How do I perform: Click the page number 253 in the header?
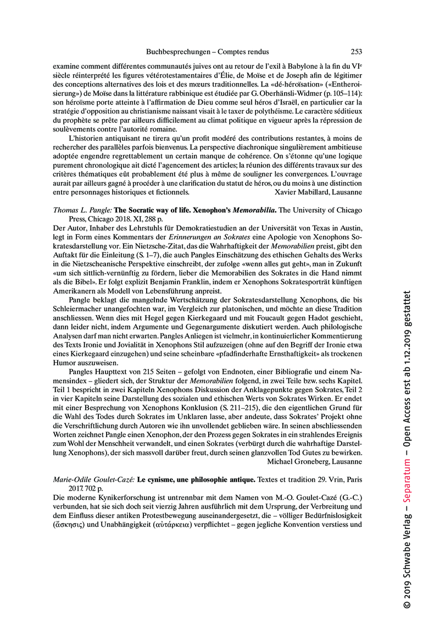click(x=356, y=52)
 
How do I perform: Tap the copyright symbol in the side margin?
click(x=408, y=603)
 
